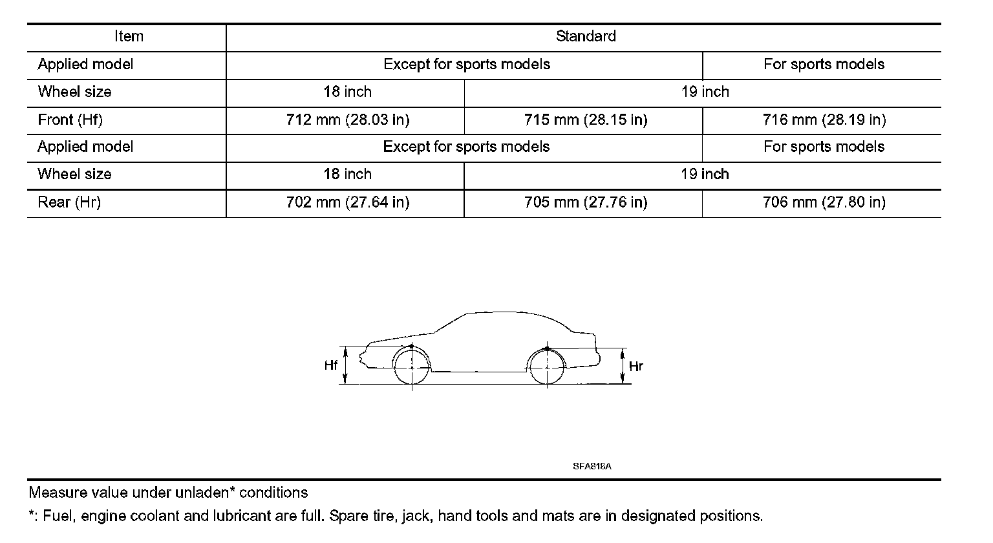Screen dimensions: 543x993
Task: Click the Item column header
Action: pos(129,36)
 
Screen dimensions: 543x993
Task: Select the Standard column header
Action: pos(586,36)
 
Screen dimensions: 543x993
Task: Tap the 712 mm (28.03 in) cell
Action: pos(348,120)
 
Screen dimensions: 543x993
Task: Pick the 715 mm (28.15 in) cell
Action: pos(586,120)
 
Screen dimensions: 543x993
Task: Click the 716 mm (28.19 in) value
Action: pos(824,120)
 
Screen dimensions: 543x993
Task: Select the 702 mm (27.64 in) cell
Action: pos(348,202)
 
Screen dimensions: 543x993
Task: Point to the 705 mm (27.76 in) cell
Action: pos(586,202)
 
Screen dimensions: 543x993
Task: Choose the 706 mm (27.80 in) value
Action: pos(824,202)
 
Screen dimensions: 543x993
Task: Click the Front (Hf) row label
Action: pos(70,120)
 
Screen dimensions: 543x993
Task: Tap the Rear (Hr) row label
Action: pos(69,202)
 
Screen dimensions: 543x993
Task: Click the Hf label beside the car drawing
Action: pos(331,366)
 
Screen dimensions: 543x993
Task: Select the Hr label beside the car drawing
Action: pos(636,367)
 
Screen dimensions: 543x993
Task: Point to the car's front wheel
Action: pos(412,367)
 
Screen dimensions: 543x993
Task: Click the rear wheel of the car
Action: pos(547,367)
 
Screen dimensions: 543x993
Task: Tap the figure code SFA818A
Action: pos(592,465)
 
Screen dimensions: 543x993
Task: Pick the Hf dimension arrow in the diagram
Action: pos(346,366)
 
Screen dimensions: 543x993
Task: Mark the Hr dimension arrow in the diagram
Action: pos(623,367)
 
